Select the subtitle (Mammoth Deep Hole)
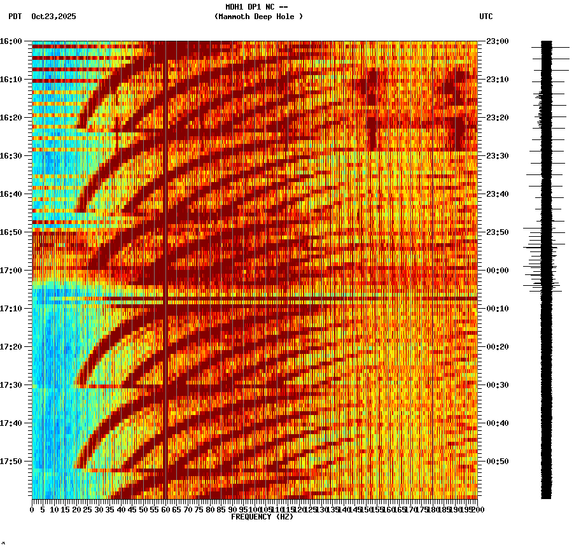258,17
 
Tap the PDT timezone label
15,17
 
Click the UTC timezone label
486,17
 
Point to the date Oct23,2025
53,17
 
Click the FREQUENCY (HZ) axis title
262,517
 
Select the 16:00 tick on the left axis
11,41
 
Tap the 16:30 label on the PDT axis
11,156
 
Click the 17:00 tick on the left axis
11,271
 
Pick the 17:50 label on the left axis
11,462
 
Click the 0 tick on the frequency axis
32,509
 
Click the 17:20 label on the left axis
11,347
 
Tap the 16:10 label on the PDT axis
11,80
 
